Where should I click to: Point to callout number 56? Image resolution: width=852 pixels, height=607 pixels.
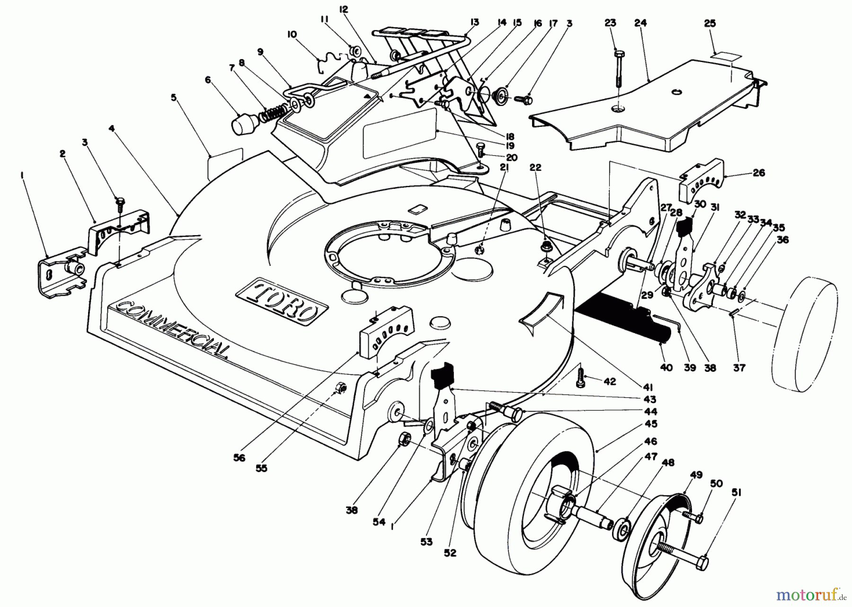240,458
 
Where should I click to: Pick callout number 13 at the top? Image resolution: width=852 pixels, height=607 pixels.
474,22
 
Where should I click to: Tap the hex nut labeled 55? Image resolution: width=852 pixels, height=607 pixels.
340,388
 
